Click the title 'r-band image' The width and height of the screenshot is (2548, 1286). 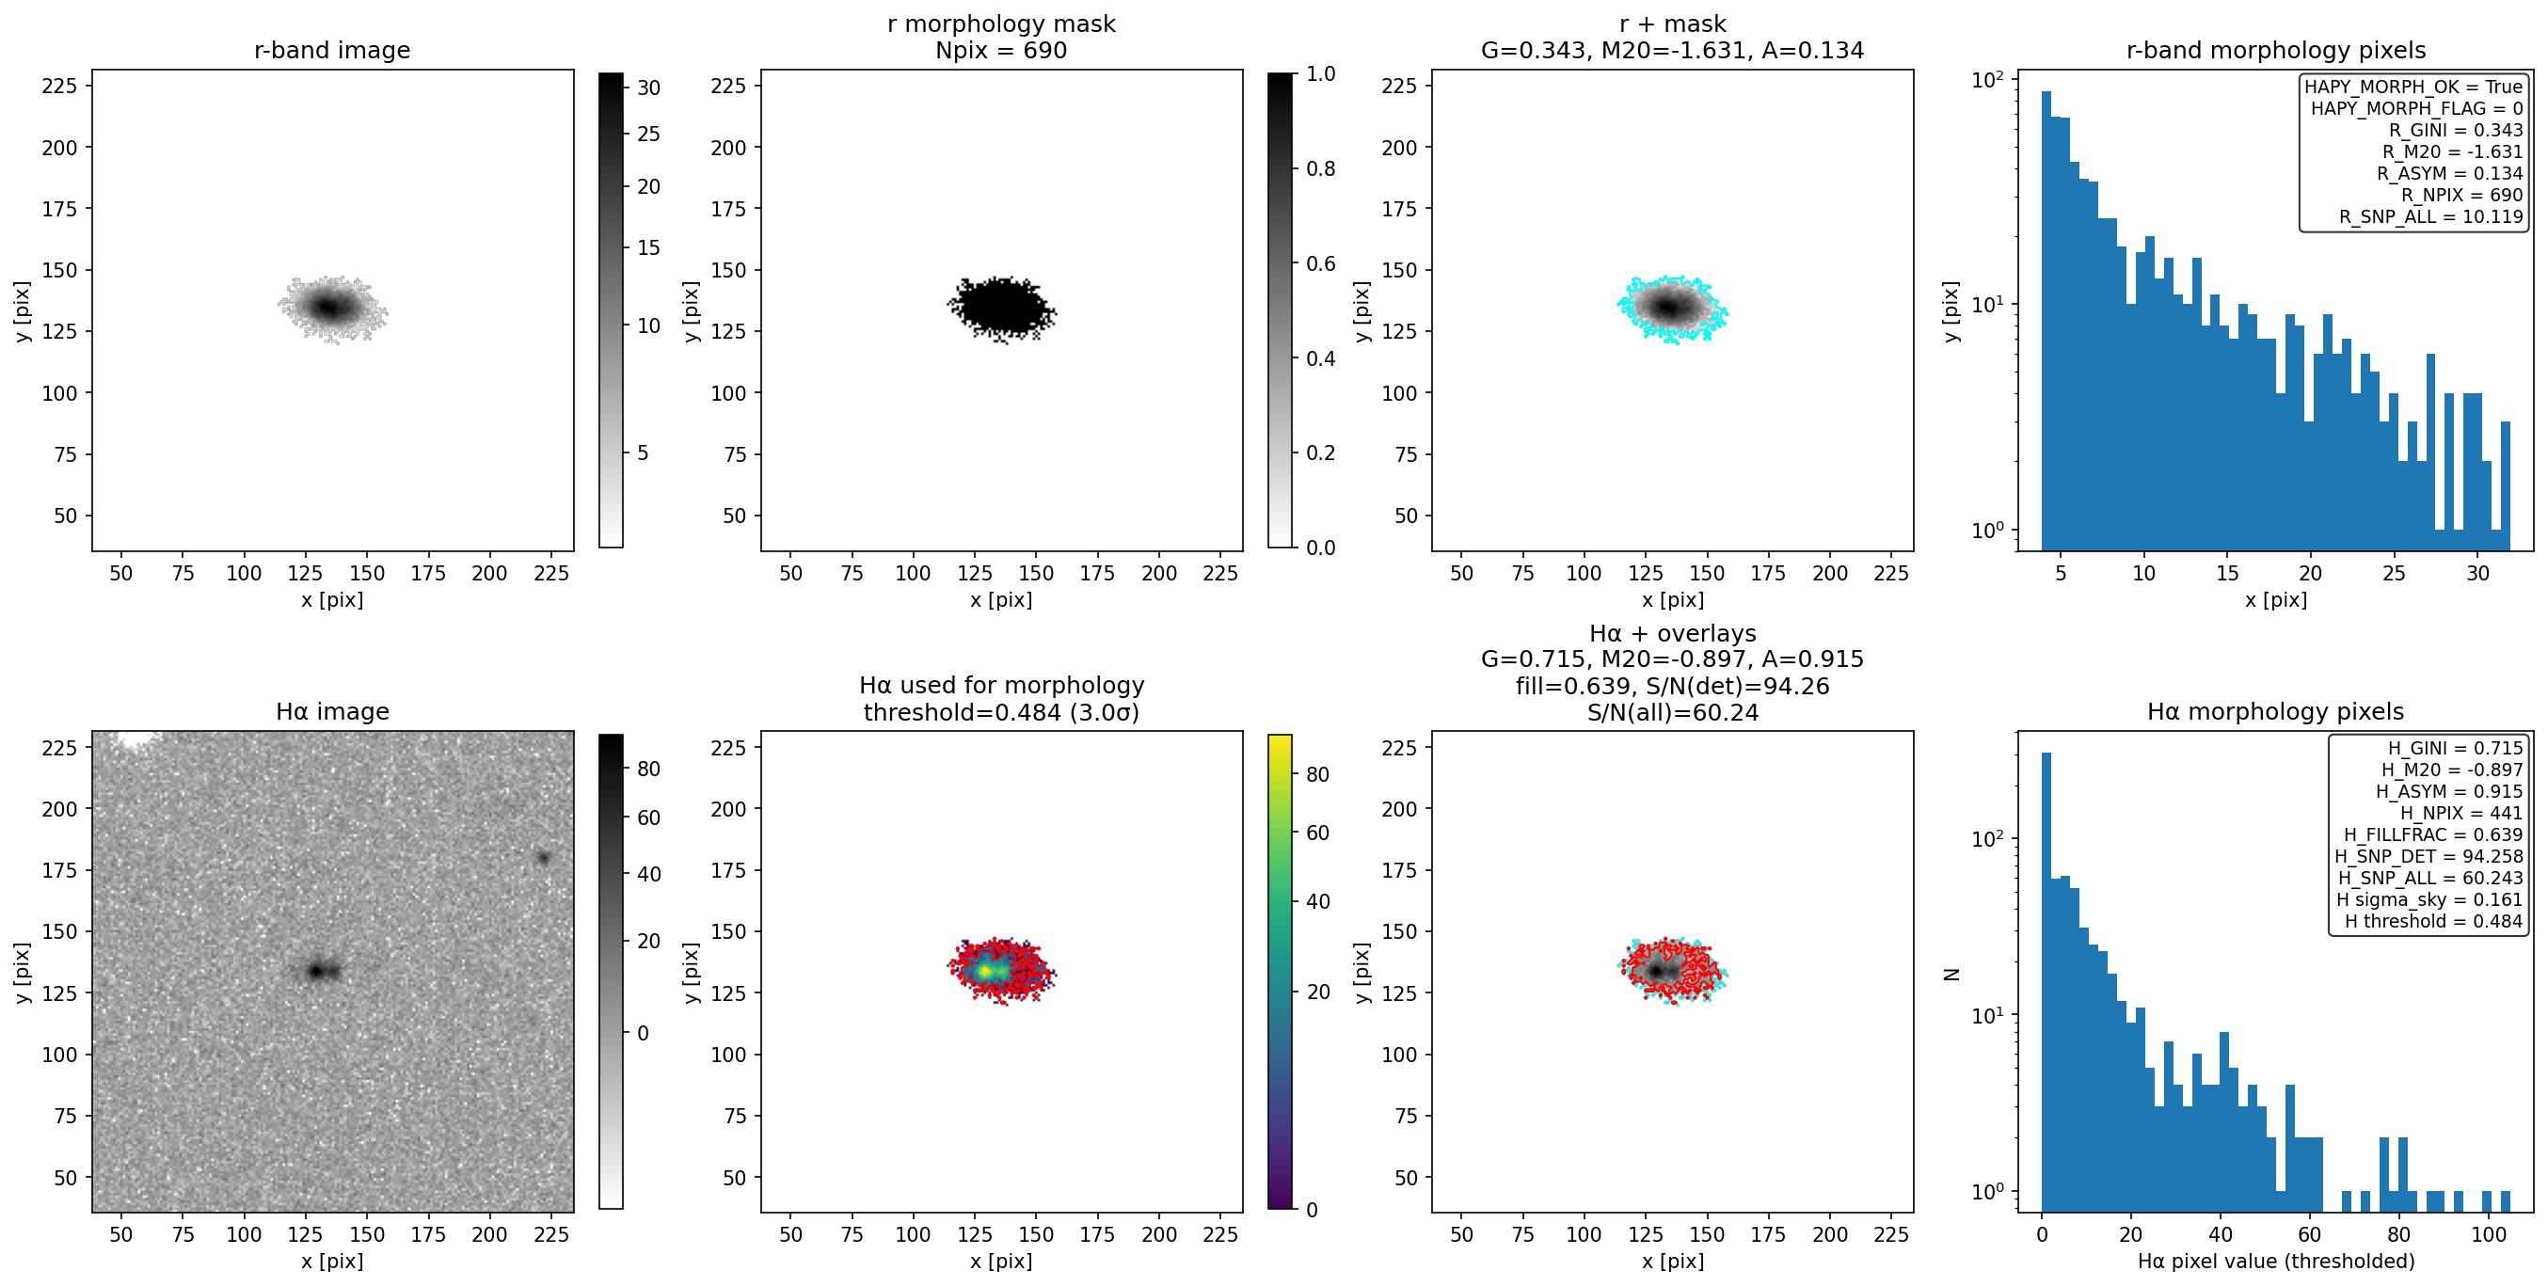pyautogui.click(x=331, y=50)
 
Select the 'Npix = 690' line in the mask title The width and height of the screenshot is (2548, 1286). pyautogui.click(x=1001, y=50)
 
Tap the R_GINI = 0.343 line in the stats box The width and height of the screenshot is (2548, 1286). pyautogui.click(x=2456, y=130)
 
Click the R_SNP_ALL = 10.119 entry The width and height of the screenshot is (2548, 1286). pyautogui.click(x=2430, y=216)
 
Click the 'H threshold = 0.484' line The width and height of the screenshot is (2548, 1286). pyautogui.click(x=2433, y=921)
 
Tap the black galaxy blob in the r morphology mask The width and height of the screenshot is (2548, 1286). pyautogui.click(x=1002, y=308)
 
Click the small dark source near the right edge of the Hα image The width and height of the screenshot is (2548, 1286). pyautogui.click(x=543, y=858)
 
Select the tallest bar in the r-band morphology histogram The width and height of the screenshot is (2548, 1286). pyautogui.click(x=2046, y=321)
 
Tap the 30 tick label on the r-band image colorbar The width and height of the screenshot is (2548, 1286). pyautogui.click(x=649, y=88)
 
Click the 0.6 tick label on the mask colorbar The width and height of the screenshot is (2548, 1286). pyautogui.click(x=1320, y=263)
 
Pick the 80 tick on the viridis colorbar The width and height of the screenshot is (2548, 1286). pyautogui.click(x=1317, y=774)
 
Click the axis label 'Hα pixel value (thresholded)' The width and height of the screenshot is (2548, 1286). pyautogui.click(x=2275, y=1262)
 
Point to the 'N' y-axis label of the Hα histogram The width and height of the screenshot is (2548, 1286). pyautogui.click(x=1951, y=975)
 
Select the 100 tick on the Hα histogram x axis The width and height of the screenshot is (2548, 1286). pyautogui.click(x=2489, y=1234)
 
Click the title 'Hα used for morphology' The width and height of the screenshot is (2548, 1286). pyautogui.click(x=1001, y=686)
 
